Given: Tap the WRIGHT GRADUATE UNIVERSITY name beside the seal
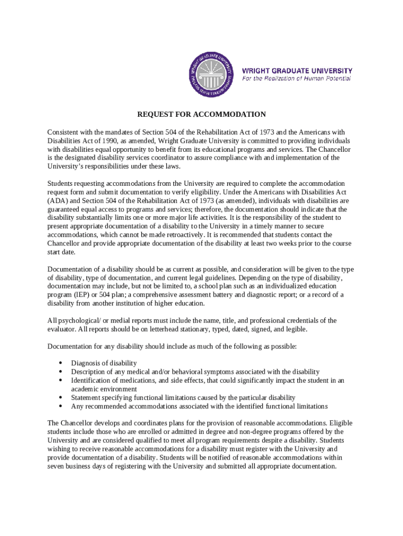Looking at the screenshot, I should [x=297, y=71].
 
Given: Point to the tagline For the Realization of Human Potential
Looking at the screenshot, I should [x=296, y=79].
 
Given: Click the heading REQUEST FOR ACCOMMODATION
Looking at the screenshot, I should [x=201, y=114].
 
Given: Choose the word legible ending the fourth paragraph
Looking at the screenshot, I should [x=295, y=329].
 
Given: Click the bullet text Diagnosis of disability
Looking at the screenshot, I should [x=104, y=363].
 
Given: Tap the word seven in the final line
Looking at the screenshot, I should [x=57, y=466].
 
